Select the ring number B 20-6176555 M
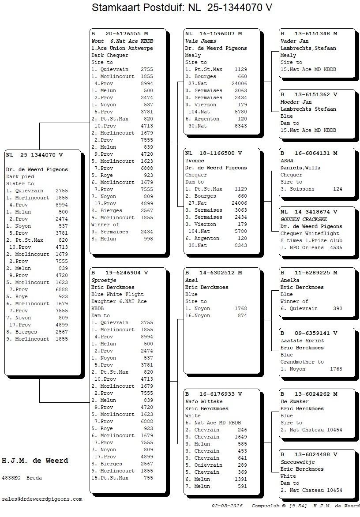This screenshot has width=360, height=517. tap(120, 34)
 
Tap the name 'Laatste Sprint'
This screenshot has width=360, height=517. tap(302, 341)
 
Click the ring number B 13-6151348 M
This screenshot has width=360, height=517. tap(309, 34)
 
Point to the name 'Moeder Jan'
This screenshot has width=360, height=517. tap(296, 102)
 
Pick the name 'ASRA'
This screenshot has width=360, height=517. tap(287, 161)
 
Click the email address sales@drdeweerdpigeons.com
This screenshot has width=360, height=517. tap(42, 499)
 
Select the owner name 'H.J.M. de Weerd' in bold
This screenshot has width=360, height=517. tap(35, 461)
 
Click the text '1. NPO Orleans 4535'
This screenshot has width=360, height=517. tap(311, 247)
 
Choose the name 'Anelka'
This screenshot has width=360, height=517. tap(290, 280)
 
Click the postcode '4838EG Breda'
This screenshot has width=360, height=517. tap(22, 477)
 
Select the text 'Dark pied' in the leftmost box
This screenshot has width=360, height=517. tap(20, 176)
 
